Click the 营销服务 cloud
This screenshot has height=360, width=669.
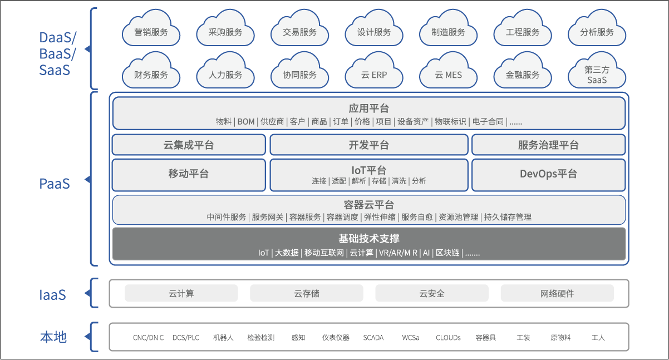(x=151, y=32)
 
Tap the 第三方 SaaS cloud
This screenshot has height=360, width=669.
(x=597, y=75)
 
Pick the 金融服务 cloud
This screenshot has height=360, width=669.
(x=523, y=75)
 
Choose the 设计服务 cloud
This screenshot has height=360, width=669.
(x=374, y=32)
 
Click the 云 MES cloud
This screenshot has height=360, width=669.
(x=448, y=75)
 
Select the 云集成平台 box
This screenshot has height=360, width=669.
(x=189, y=145)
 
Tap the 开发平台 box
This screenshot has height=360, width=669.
(x=368, y=145)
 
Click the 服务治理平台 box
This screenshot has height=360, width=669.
(x=548, y=145)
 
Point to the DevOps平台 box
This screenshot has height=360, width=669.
(x=548, y=174)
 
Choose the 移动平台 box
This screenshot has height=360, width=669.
(x=189, y=174)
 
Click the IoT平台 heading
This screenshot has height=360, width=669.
(x=368, y=170)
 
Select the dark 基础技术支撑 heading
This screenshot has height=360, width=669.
(x=368, y=239)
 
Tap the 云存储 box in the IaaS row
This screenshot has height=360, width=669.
(x=307, y=293)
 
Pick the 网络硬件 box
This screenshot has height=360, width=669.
(x=557, y=293)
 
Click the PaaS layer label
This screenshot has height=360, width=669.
(x=55, y=184)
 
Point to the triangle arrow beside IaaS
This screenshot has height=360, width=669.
(x=87, y=293)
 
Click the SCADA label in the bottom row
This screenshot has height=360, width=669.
(x=373, y=338)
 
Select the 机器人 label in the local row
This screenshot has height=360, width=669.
(x=223, y=338)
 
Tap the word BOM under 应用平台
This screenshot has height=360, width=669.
(x=246, y=122)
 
